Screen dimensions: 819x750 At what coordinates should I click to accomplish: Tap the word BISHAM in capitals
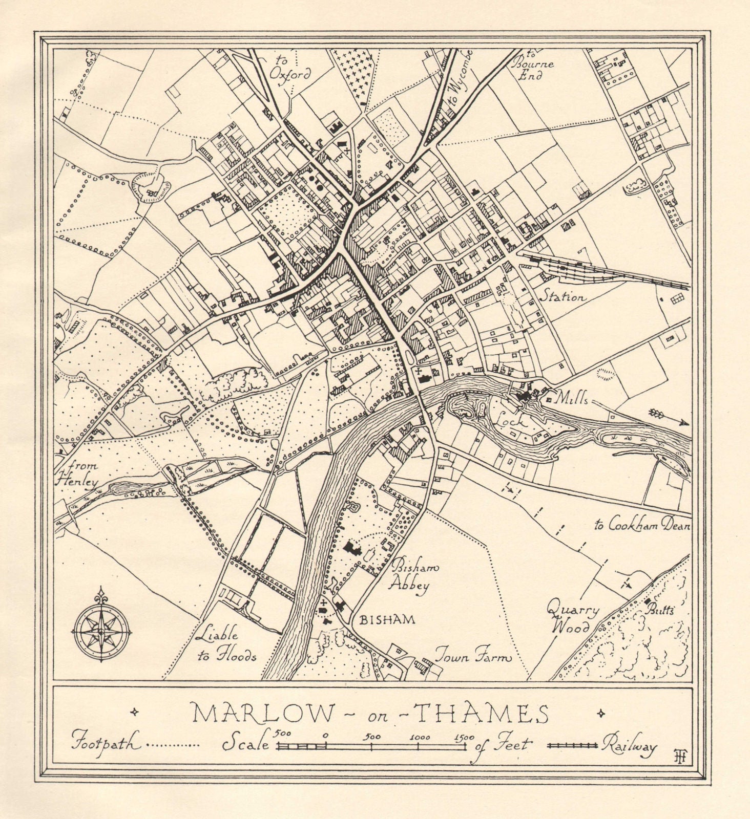pyautogui.click(x=387, y=620)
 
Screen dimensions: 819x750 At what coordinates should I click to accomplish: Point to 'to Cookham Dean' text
pyautogui.click(x=642, y=525)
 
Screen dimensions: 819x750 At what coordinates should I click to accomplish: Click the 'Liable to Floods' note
pyautogui.click(x=225, y=645)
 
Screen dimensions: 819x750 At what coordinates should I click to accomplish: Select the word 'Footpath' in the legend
pyautogui.click(x=106, y=743)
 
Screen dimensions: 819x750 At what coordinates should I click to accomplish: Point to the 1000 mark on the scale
pyautogui.click(x=420, y=738)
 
